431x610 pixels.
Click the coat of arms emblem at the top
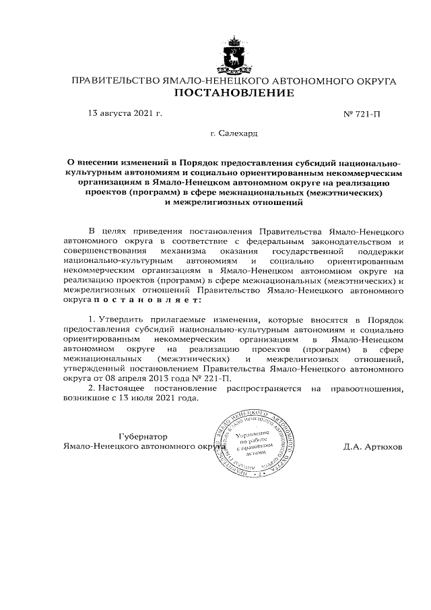234,55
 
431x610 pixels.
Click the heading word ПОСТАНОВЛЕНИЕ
234,93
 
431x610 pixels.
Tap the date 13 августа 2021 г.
125,114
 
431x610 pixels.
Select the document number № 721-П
362,115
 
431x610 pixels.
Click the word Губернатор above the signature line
143,437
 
